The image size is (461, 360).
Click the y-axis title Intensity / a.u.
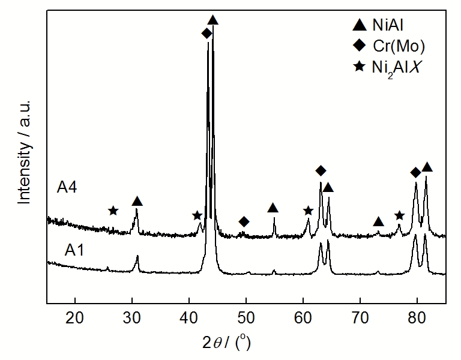click(24, 152)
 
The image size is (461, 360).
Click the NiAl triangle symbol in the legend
click(359, 25)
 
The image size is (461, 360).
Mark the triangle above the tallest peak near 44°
click(212, 21)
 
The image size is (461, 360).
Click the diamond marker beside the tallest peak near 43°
click(206, 34)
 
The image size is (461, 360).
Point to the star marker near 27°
click(113, 211)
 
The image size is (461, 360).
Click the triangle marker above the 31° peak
click(137, 201)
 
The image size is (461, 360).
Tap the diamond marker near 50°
click(244, 222)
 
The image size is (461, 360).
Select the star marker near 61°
click(308, 211)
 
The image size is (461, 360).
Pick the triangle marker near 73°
click(378, 222)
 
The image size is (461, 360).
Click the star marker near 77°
click(399, 215)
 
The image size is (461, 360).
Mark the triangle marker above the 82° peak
click(427, 167)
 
